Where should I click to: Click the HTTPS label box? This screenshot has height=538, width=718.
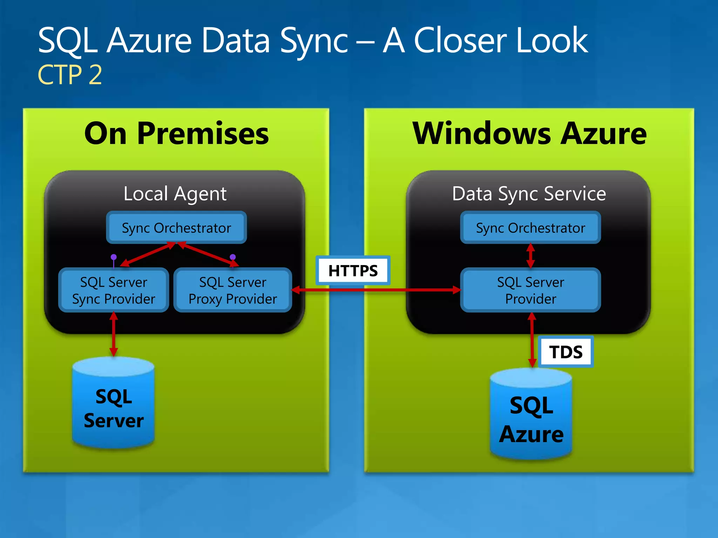point(353,270)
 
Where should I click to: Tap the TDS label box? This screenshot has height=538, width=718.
point(565,352)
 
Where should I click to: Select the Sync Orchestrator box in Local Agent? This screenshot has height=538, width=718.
point(176,228)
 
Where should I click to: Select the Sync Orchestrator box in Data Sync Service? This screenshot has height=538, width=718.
point(530,228)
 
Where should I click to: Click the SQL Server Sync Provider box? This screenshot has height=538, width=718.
point(114,290)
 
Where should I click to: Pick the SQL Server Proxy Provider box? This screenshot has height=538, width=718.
point(233,290)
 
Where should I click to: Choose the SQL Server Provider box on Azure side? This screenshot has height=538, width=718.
point(530,290)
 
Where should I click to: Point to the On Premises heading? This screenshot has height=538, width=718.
point(176,133)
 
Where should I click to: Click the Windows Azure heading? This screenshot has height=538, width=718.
point(529,133)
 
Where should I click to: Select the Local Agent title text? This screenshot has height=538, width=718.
point(175,194)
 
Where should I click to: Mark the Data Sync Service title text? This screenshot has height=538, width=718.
point(529,194)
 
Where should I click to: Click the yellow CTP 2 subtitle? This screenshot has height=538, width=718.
point(70,75)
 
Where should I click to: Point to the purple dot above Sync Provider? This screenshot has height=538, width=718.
point(114,257)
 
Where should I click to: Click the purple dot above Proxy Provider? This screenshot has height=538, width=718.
point(233,257)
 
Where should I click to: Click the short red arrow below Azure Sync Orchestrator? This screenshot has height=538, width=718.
point(531,256)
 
